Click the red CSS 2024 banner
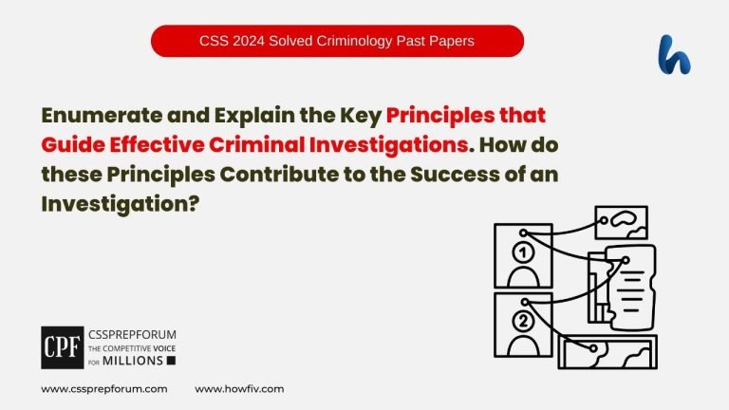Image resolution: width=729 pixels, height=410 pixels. pos(337,41)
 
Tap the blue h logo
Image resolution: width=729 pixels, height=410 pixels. pos(674,54)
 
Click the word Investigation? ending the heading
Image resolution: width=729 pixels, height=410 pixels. pos(119,204)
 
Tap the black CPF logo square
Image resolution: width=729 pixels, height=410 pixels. pos(62,346)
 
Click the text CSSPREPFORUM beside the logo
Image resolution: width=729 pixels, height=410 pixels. pos(130,335)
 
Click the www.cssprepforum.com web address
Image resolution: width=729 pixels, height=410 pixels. pos(104,389)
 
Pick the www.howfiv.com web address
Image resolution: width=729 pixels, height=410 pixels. pos(239,389)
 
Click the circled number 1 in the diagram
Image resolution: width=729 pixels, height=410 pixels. pos(522,252)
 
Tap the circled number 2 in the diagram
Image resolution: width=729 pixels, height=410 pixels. pos(522,321)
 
